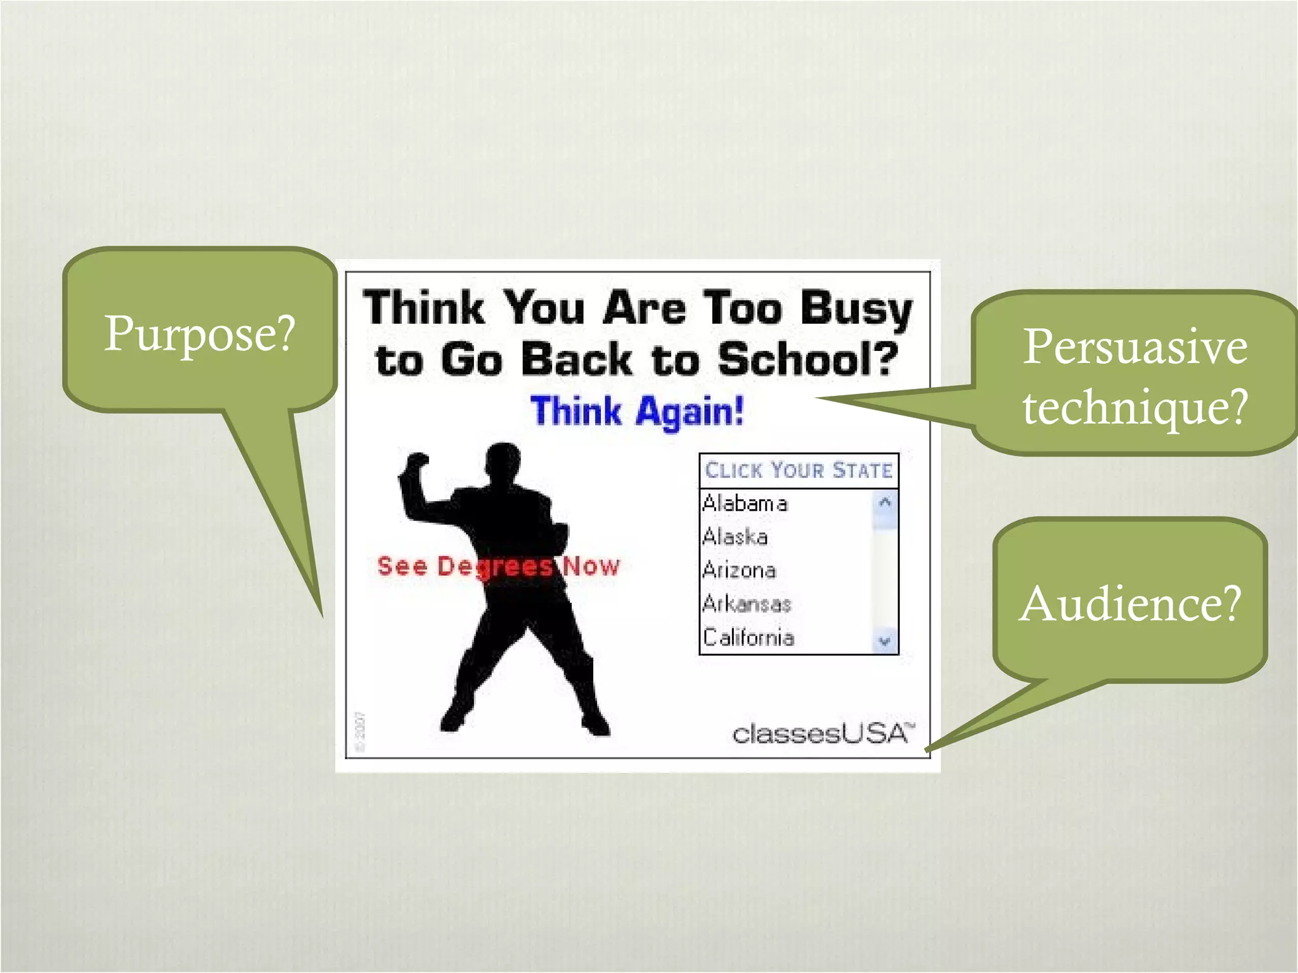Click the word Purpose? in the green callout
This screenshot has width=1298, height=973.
pyautogui.click(x=200, y=333)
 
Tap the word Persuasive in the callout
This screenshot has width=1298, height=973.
pyautogui.click(x=1134, y=347)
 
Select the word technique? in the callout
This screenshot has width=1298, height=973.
pyautogui.click(x=1134, y=407)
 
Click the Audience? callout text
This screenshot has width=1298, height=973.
pyautogui.click(x=1130, y=603)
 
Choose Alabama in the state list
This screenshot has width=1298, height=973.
pyautogui.click(x=745, y=504)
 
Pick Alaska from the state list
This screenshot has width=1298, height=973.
pyautogui.click(x=735, y=537)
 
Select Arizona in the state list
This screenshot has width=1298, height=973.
pyautogui.click(x=739, y=570)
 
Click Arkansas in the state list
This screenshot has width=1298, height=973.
pyautogui.click(x=747, y=604)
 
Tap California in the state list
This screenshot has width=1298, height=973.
pyautogui.click(x=749, y=637)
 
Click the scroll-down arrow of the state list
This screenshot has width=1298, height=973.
pyautogui.click(x=885, y=641)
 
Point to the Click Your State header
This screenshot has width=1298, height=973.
pyautogui.click(x=799, y=470)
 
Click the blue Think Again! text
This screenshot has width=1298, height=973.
pyautogui.click(x=636, y=411)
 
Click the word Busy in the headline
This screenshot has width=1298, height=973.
pyautogui.click(x=856, y=308)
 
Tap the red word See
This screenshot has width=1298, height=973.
pyautogui.click(x=402, y=566)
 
